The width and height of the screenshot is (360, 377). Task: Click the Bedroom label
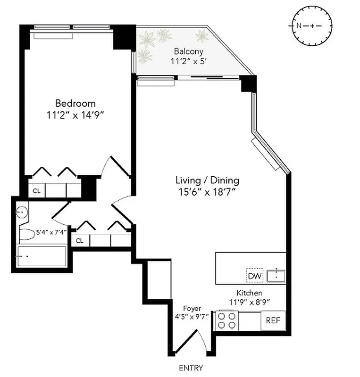tap(75, 103)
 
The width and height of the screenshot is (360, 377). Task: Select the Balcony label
tap(186, 51)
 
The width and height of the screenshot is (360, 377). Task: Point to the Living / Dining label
tap(207, 180)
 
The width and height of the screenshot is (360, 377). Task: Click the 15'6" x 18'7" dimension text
tap(207, 191)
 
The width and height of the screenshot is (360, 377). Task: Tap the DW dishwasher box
tap(254, 276)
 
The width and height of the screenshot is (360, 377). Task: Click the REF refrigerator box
tap(273, 320)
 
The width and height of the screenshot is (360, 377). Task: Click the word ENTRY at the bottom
tap(191, 368)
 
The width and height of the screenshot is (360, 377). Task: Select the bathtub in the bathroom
tap(42, 257)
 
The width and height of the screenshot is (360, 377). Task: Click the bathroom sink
tap(21, 212)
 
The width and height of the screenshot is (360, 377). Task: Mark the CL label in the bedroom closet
tap(36, 191)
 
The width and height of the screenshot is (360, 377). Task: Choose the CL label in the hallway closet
tap(80, 241)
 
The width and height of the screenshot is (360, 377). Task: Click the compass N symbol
tap(299, 25)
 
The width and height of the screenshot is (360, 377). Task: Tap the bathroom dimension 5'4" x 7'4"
tap(52, 232)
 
